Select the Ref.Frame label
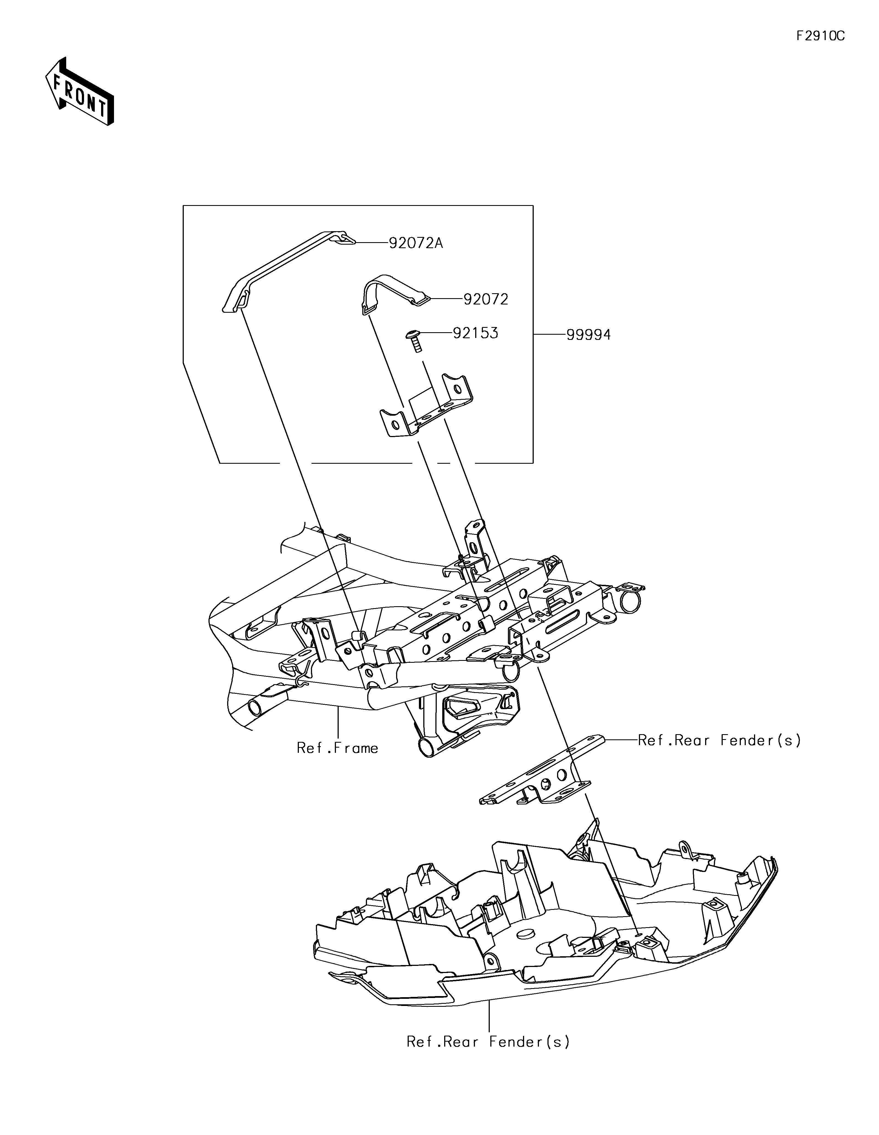click(x=337, y=748)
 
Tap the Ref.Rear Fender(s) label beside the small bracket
click(x=719, y=740)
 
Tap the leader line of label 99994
click(x=549, y=335)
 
